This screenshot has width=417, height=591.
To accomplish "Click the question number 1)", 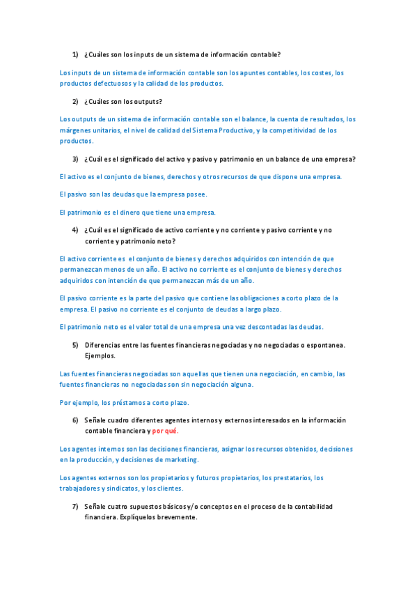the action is coord(75,54).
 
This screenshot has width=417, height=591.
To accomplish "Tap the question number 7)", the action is coord(75,506).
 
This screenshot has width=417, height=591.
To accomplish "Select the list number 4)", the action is coord(75,229).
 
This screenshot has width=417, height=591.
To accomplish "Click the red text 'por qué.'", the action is coord(165,431).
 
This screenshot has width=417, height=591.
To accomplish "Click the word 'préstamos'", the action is coord(119,402).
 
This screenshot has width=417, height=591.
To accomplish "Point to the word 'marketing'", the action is coord(180,459).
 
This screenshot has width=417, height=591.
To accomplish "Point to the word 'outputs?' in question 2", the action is coord(147,102).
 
